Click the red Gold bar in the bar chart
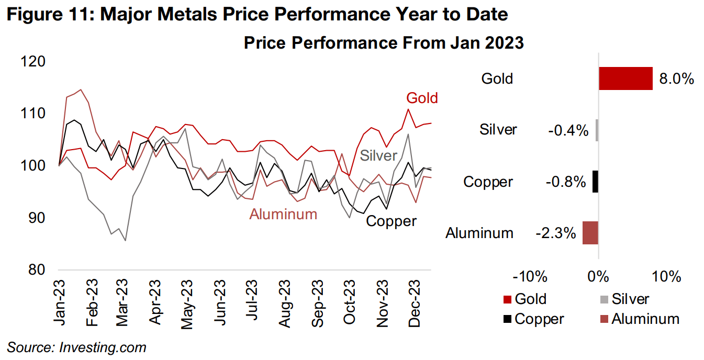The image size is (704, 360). tap(625, 78)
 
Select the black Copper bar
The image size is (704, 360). tap(595, 182)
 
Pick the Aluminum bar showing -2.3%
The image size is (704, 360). tap(590, 233)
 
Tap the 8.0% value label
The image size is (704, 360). tap(676, 79)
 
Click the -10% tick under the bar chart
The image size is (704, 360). tap(531, 276)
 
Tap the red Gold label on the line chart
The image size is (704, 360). tap(422, 98)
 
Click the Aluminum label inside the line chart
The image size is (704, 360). tap(283, 214)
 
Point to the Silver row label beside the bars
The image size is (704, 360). tap(498, 130)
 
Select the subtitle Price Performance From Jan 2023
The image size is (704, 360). tap(384, 43)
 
